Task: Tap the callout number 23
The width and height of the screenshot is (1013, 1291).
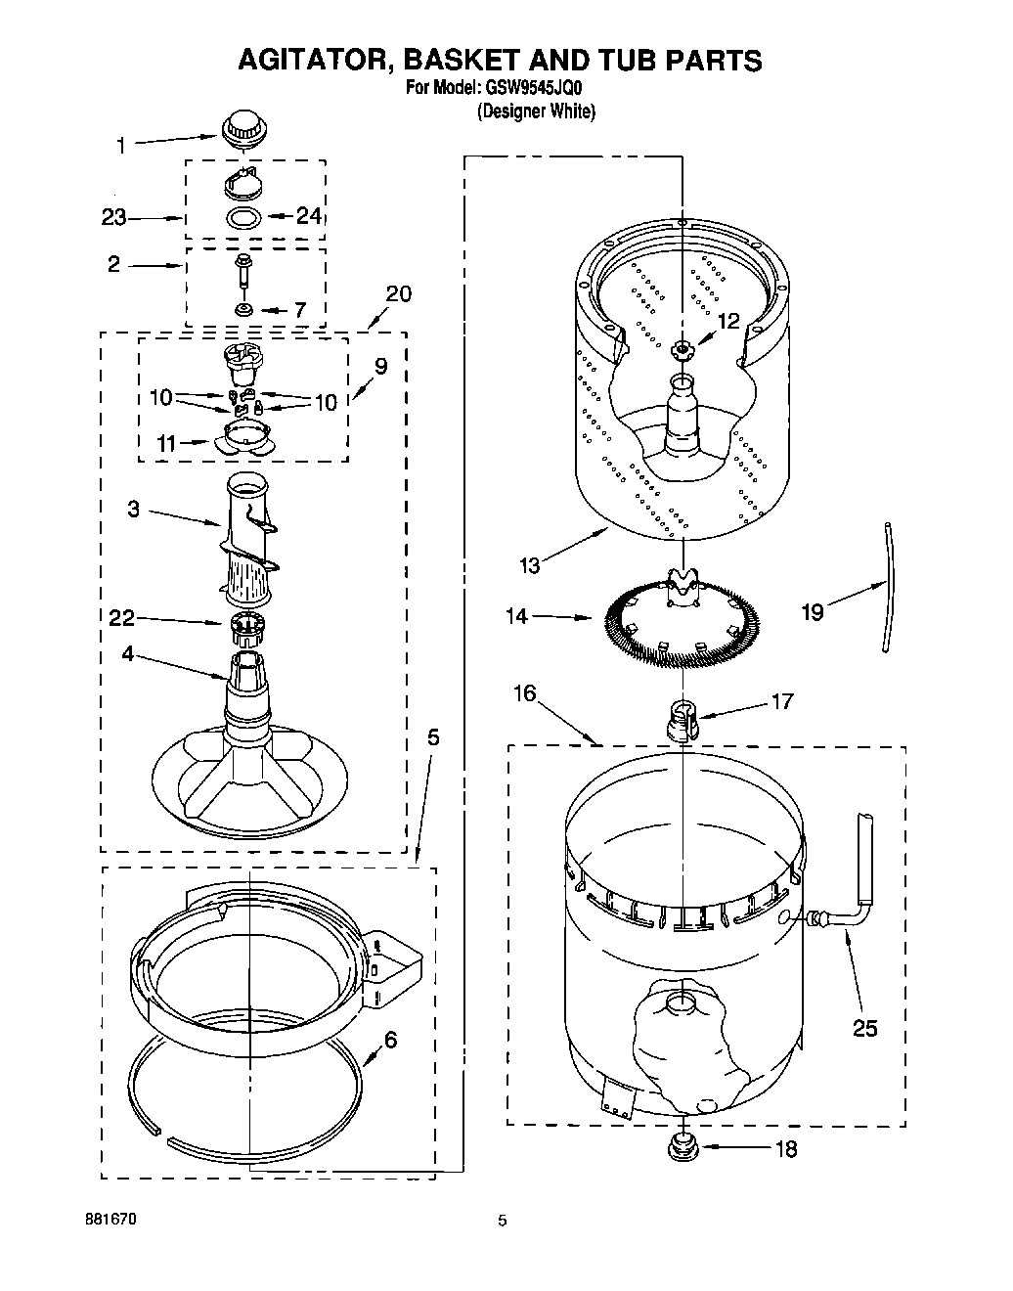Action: click(114, 217)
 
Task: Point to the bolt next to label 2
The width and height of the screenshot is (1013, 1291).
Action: click(242, 270)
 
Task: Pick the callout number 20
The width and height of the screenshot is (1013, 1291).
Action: click(398, 293)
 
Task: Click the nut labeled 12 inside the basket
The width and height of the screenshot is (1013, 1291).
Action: click(681, 347)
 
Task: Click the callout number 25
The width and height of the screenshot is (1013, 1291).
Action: click(864, 1028)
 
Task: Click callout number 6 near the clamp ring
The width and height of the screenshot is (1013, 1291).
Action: click(390, 1040)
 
